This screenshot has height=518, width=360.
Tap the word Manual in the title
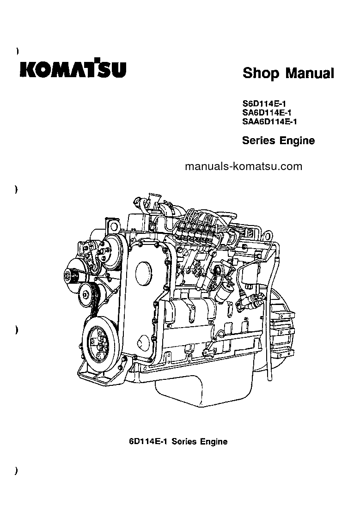pos(310,73)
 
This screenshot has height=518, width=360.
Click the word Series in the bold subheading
pos(258,140)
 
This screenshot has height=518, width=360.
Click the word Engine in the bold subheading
pos(297,140)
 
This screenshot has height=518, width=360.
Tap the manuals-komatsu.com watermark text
pos(243,167)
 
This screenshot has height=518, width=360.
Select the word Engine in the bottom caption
pos(214,441)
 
